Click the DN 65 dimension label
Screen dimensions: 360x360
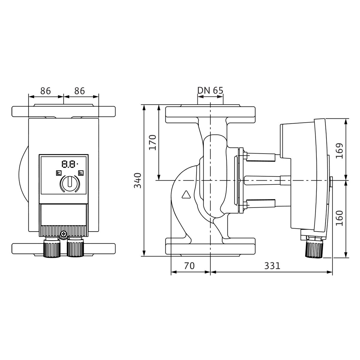pos(210,91)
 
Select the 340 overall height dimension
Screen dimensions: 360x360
pos(138,181)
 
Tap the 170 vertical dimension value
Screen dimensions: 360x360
pos(152,142)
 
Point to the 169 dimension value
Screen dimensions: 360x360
pos(339,151)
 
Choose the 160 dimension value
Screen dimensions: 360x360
pos(339,218)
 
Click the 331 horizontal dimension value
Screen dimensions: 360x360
pos(272,266)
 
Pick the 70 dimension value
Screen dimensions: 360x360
pos(189,266)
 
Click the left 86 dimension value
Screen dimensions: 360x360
pos(46,91)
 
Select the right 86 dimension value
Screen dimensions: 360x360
pos(79,91)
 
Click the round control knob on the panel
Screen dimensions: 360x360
pos(70,183)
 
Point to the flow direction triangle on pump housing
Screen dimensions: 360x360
pos(186,194)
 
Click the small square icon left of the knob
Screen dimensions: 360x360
pos(59,173)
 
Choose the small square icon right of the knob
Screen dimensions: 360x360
pos(81,173)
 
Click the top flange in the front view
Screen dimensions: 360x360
pos(64,111)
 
